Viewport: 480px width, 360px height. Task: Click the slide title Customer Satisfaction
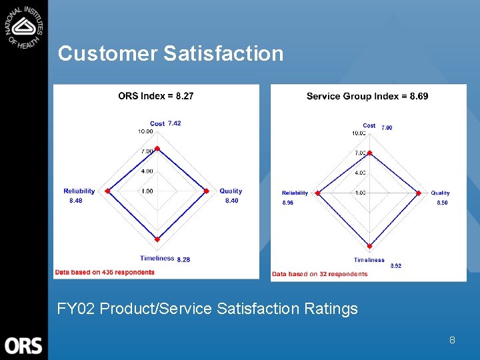pos(171,53)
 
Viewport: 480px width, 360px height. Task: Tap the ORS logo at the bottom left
pos(23,345)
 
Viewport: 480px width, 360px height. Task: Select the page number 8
pos(452,340)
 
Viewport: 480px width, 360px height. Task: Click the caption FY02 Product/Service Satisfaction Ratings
pos(207,309)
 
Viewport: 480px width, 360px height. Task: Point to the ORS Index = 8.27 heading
pos(156,96)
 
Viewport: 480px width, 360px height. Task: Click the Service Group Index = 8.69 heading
pos(367,96)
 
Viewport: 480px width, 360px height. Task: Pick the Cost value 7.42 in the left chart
pos(175,123)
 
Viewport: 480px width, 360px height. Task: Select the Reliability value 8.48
pos(76,201)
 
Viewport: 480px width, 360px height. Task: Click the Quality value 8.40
pos(231,201)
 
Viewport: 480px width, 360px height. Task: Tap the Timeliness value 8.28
pos(183,259)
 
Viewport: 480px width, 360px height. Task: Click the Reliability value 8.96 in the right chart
pos(287,203)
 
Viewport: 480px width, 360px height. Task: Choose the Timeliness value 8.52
pos(396,266)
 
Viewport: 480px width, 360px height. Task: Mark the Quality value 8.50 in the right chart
pos(442,203)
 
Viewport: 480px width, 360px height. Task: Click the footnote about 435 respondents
pos(105,272)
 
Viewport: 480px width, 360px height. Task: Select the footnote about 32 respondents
pos(319,274)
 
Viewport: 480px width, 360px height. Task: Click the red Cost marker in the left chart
pos(157,149)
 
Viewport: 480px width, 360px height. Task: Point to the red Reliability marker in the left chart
pos(108,191)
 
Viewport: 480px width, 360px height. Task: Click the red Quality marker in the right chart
pos(419,193)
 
